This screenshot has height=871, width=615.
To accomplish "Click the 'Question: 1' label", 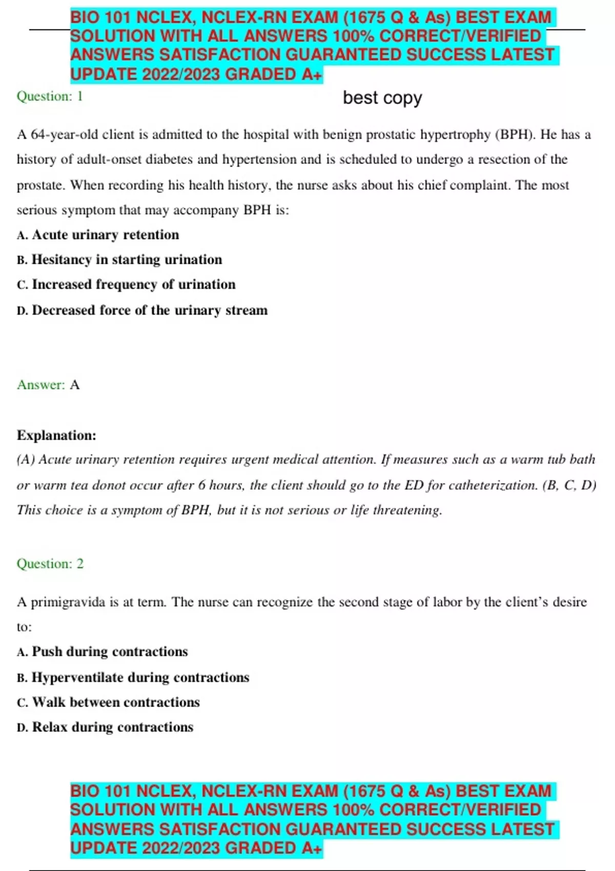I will (x=50, y=96).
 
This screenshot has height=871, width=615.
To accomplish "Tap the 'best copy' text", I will (x=382, y=97).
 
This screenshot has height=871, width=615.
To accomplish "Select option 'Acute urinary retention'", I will (x=105, y=235).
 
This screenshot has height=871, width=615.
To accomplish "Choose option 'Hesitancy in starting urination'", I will (x=127, y=260).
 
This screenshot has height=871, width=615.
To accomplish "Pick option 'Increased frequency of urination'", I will (x=133, y=284).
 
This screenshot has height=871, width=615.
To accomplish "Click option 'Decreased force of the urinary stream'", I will (x=149, y=310).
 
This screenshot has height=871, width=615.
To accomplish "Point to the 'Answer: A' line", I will (x=48, y=385).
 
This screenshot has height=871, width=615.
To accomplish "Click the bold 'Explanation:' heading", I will (x=56, y=435).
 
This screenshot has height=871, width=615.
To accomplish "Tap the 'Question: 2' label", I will (x=50, y=564).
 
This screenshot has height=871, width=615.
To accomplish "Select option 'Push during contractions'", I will (x=110, y=652).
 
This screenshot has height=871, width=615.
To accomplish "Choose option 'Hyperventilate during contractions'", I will (x=140, y=677).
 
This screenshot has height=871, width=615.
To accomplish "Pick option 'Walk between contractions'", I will (x=116, y=702).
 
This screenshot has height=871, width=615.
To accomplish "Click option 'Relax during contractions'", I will (x=112, y=727).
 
